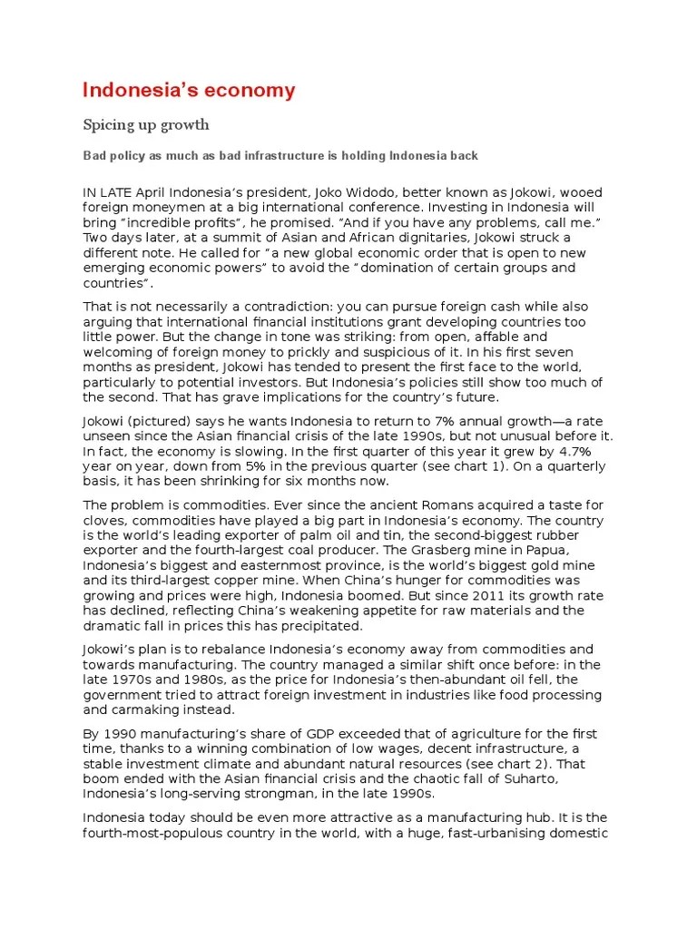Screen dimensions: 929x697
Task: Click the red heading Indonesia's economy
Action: [189, 90]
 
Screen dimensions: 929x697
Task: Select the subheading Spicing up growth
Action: [146, 123]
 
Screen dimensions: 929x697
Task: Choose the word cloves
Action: [106, 520]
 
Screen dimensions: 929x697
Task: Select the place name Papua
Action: [573, 549]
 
